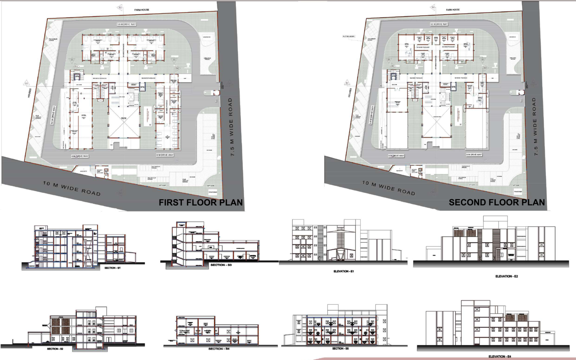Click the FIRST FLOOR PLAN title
pyautogui.click(x=201, y=202)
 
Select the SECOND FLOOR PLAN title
pyautogui.click(x=496, y=202)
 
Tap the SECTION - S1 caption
pyautogui.click(x=112, y=268)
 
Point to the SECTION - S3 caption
pyautogui.click(x=221, y=265)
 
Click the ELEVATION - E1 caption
pyautogui.click(x=343, y=271)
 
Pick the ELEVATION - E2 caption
pyautogui.click(x=506, y=276)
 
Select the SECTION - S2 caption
pyautogui.click(x=55, y=349)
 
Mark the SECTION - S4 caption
pyautogui.click(x=219, y=349)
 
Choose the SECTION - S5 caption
pyautogui.click(x=340, y=348)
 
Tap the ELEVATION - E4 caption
pyautogui.click(x=499, y=356)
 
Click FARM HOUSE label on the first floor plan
pyautogui.click(x=142, y=10)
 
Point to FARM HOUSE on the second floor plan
pyautogui.click(x=453, y=10)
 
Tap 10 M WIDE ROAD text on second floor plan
pyautogui.click(x=388, y=187)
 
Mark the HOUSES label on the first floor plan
pyautogui.click(x=29, y=93)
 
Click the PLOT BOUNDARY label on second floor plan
pyautogui.click(x=348, y=36)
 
